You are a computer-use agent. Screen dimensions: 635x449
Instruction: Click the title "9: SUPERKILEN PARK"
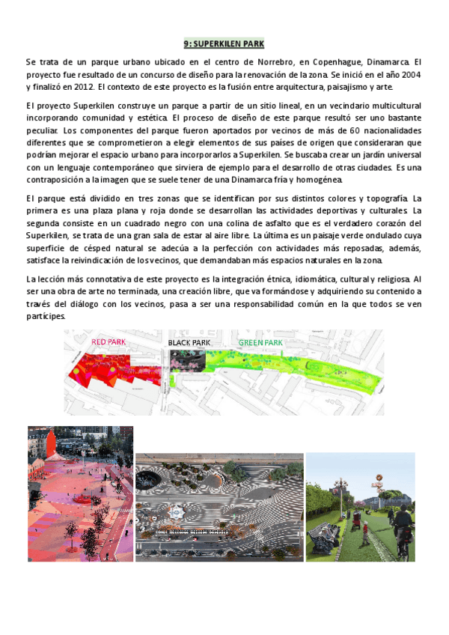tap(224, 44)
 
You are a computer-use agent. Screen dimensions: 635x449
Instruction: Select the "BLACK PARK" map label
tap(189, 342)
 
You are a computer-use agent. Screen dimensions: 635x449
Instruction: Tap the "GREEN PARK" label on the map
tap(260, 342)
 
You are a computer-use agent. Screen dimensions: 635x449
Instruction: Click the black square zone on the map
tap(187, 360)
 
